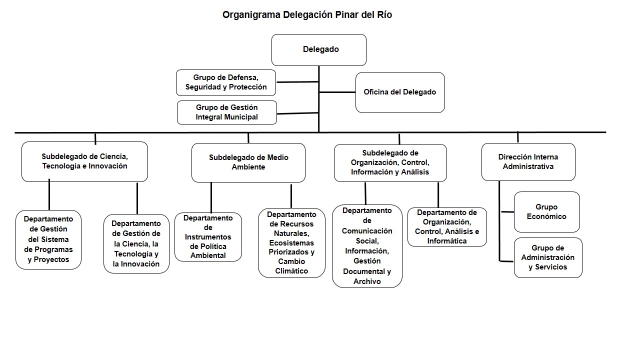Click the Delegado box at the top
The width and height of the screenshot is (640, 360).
coord(319,49)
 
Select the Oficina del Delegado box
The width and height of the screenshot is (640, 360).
coord(400,92)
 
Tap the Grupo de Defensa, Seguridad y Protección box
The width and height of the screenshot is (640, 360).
coord(226,82)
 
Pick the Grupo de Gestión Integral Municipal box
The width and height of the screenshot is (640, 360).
coord(226,112)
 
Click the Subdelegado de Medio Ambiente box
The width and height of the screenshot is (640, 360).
coord(248,162)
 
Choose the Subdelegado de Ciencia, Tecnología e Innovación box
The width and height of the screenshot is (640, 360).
coord(84,161)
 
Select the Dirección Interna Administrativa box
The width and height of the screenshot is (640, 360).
coord(528,162)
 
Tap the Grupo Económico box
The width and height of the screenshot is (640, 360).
coord(546,212)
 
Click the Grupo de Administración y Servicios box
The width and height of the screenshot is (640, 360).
coord(548,257)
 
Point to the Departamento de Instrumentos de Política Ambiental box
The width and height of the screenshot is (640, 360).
coord(208,237)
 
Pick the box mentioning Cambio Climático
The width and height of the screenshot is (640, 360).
coord(291,243)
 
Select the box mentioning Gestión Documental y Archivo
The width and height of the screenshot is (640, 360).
coord(367,246)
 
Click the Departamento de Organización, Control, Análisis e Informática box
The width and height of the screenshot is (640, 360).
coord(447,227)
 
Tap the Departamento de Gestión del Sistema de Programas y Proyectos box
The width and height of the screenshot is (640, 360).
coord(48,239)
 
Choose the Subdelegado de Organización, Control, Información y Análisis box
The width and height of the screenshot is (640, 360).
coord(390,162)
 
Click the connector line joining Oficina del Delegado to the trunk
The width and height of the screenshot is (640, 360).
coord(337,92)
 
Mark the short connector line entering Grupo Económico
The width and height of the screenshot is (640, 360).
coord(507,212)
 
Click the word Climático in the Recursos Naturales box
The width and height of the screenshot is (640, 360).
coord(291,271)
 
